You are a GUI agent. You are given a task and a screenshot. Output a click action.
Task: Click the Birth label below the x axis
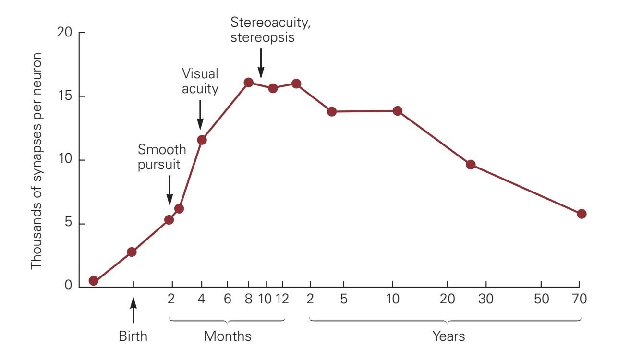[x=133, y=336]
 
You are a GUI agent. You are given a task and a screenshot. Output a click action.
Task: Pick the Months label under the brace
[x=228, y=336]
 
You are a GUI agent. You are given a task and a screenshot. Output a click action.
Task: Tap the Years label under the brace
[x=448, y=336]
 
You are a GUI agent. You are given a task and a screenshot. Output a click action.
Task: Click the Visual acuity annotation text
[x=200, y=81]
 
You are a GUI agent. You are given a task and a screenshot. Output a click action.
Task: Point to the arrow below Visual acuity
[x=200, y=115]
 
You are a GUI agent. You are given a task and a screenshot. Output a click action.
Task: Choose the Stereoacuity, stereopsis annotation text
[x=262, y=30]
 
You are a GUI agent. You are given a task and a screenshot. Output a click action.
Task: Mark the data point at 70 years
[x=582, y=214]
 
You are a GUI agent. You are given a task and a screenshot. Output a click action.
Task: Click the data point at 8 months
[x=248, y=83]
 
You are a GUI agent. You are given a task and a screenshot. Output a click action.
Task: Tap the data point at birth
[x=132, y=252]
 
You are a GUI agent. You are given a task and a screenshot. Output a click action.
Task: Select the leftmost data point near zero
[x=94, y=281]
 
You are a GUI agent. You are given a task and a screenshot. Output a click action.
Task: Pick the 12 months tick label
[x=283, y=299]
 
